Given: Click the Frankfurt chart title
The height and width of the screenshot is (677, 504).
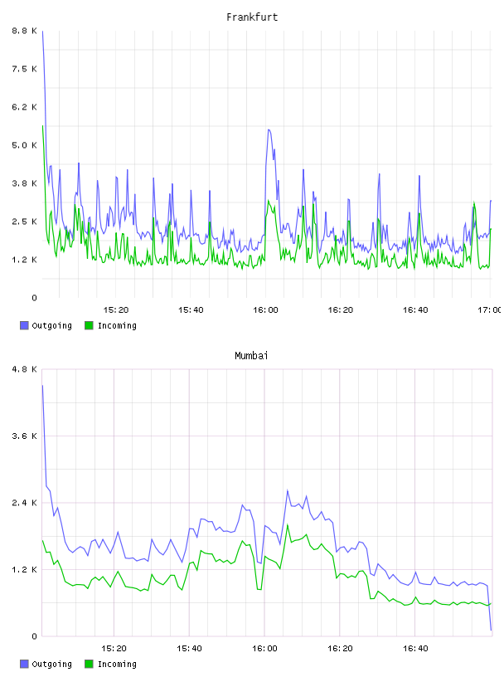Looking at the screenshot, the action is pos(252,17).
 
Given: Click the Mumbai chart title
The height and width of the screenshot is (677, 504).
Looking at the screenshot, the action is pos(251,356).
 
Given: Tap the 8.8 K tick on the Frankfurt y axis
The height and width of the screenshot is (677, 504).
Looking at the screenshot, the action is pos(24,31).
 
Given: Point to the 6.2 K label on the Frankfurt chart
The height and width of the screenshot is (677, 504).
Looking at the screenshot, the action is pos(24,107).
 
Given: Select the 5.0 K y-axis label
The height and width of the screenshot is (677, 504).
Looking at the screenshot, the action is pos(24,145).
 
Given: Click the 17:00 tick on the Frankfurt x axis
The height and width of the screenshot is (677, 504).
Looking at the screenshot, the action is pos(490,310).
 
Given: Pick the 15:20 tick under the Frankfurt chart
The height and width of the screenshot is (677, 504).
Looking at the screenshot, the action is pos(116,310).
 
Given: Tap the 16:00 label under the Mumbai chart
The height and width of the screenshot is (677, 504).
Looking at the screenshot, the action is pos(264,649).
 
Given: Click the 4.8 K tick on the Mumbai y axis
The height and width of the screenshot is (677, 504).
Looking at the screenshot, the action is pos(24,369).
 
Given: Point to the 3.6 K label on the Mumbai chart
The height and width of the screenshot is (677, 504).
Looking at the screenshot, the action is pos(24,436).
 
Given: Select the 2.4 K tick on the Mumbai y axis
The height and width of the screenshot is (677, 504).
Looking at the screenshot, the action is pos(24,503).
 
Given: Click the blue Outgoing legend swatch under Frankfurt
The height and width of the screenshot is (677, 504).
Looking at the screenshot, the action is pos(24,325).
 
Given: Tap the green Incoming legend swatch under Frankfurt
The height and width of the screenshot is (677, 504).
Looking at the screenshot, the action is pos(89,325).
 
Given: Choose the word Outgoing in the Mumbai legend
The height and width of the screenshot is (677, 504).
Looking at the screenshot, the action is pos(51,664).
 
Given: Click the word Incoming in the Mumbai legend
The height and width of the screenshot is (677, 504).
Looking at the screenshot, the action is pos(117,664).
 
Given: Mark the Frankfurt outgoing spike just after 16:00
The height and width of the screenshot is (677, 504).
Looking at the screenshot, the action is pos(269,130).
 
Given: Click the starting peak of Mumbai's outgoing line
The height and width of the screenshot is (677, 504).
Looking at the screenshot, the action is pos(42,386).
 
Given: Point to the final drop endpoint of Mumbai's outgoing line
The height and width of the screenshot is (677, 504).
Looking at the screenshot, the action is pos(491,630).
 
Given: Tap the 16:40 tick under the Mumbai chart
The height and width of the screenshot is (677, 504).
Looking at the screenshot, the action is pos(415,649).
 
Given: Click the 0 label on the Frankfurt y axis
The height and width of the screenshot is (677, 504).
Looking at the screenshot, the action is pos(34,298).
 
